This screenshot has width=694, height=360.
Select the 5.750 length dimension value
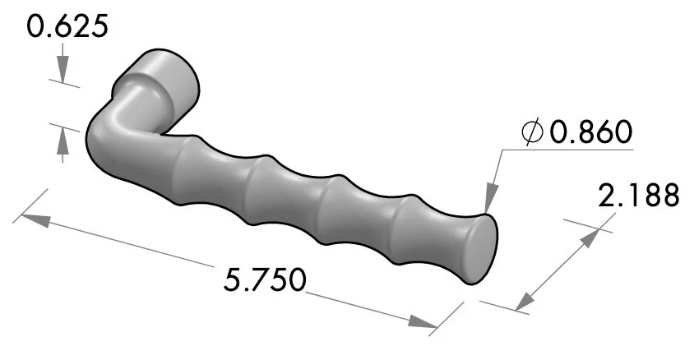pyautogui.click(x=266, y=280)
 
